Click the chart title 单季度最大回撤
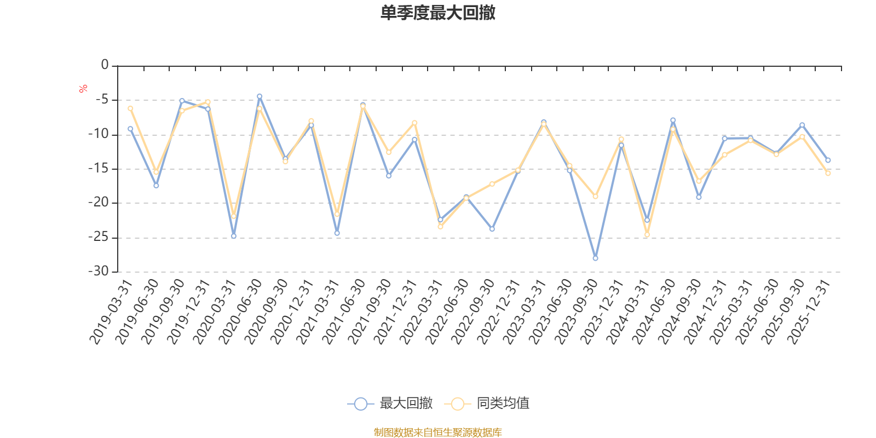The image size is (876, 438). pos(437,13)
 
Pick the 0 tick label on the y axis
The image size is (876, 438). pos(105,66)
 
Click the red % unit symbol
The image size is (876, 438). pos(83,89)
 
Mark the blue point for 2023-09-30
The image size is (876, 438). pos(595,258)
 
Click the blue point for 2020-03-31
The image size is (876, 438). pos(234,236)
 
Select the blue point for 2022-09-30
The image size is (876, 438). pos(492,229)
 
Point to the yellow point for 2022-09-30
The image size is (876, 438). pos(492,184)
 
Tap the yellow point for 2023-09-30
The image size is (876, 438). pos(595,197)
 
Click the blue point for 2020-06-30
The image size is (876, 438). pos(260,96)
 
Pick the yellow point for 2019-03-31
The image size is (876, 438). pos(130,108)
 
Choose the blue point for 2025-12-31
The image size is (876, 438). pos(828,160)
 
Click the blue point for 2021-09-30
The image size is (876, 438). pos(389,176)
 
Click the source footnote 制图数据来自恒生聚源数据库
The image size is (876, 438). pos(437,433)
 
